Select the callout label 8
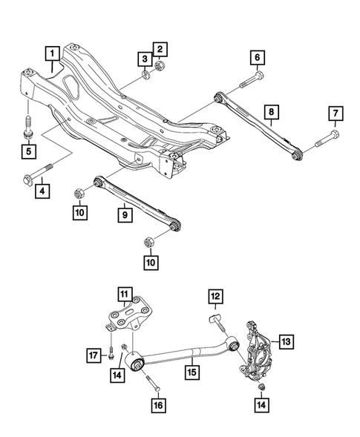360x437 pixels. [272, 113]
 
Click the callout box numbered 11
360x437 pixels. [122, 294]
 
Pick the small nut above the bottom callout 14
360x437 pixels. [261, 388]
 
